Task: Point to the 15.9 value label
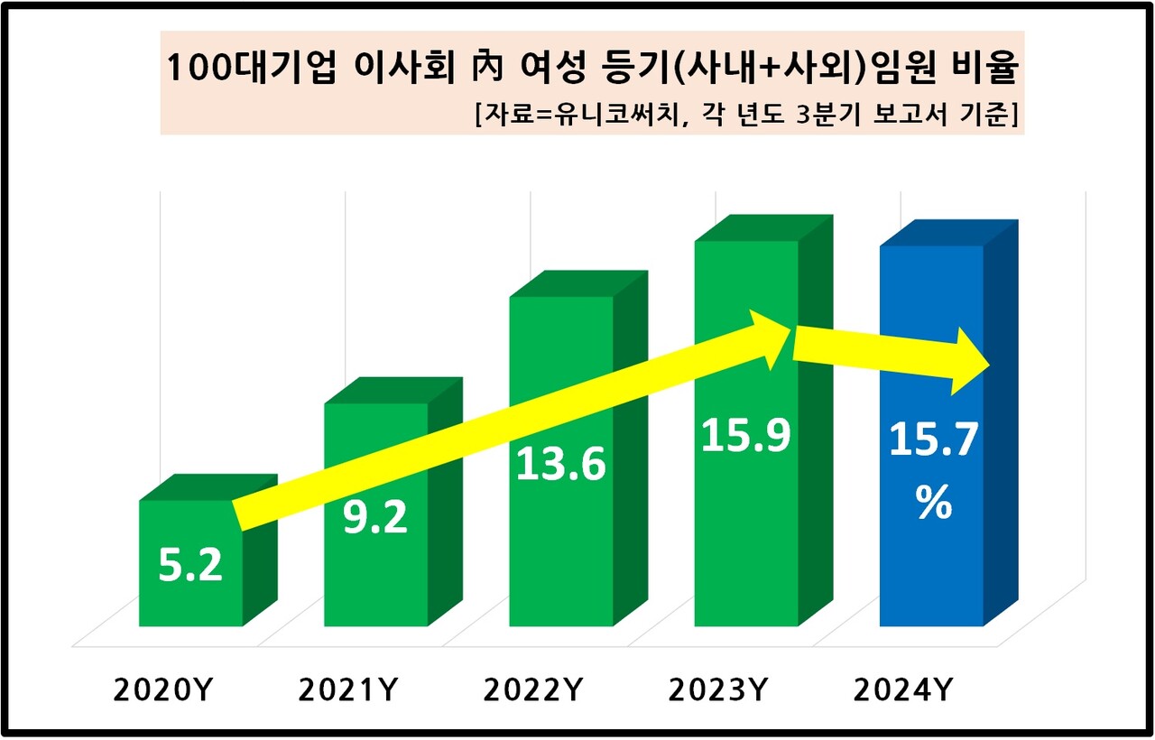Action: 745,435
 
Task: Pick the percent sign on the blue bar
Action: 933,504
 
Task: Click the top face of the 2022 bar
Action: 578,283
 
